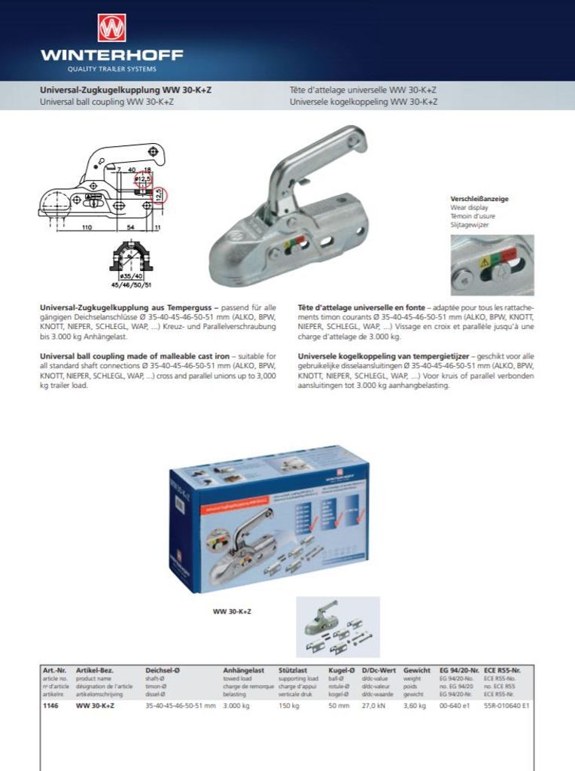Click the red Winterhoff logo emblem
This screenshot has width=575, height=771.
pyautogui.click(x=111, y=28)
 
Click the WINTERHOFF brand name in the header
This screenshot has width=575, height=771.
pyautogui.click(x=111, y=55)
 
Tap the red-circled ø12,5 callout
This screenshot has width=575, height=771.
pyautogui.click(x=143, y=178)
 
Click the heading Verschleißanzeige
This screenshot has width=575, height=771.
pyautogui.click(x=479, y=199)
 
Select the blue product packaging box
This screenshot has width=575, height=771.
pyautogui.click(x=269, y=526)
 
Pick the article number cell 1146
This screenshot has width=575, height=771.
pyautogui.click(x=50, y=705)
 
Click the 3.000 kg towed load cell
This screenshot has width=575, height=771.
pyautogui.click(x=236, y=705)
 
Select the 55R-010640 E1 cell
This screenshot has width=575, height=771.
pyautogui.click(x=507, y=705)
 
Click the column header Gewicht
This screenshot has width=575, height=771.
pyautogui.click(x=416, y=669)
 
